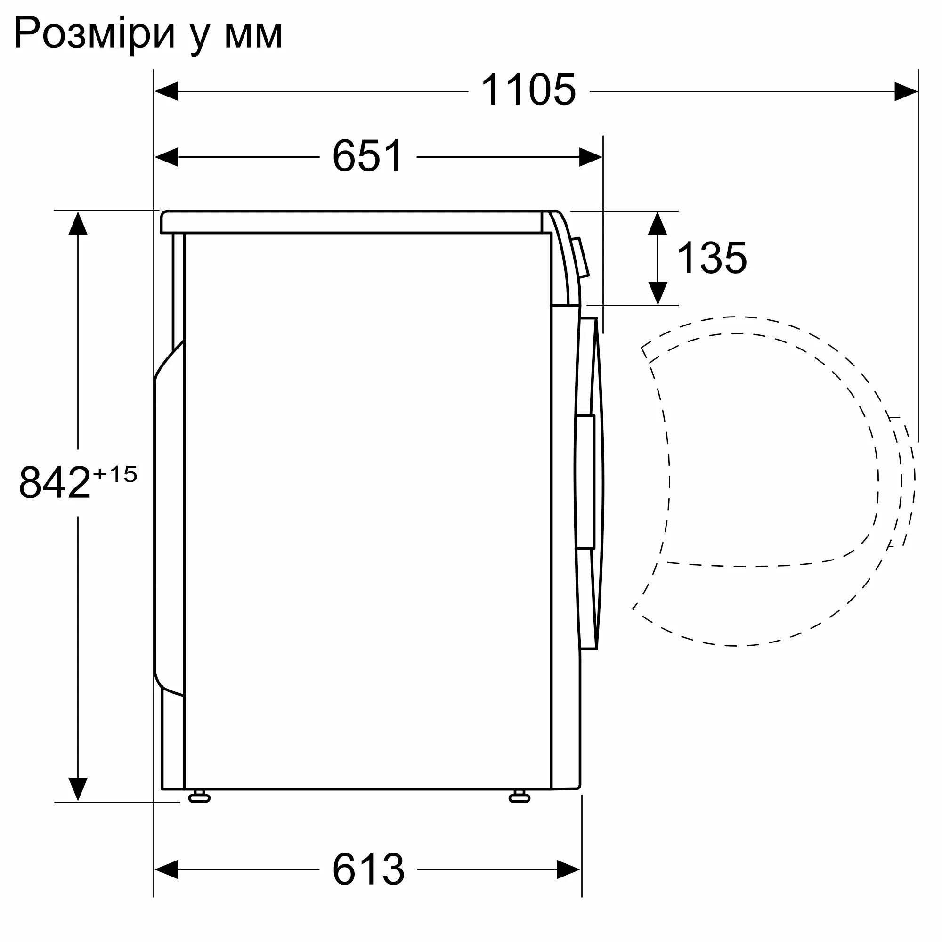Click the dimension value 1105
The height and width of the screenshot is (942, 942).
click(x=528, y=90)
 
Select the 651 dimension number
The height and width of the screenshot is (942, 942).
click(x=368, y=156)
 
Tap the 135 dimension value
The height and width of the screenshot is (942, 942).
click(x=711, y=258)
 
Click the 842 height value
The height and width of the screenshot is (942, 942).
click(x=55, y=482)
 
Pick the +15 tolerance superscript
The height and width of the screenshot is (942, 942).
click(x=115, y=474)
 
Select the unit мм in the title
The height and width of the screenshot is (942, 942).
click(x=253, y=35)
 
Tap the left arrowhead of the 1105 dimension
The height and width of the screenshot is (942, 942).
click(x=166, y=91)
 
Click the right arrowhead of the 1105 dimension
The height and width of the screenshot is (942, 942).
click(x=906, y=91)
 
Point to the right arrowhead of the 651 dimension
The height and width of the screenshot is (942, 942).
click(x=591, y=157)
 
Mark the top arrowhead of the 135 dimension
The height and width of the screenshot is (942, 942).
click(x=657, y=223)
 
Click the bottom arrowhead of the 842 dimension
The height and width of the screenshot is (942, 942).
click(x=78, y=789)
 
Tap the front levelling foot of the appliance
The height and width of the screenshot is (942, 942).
click(x=519, y=797)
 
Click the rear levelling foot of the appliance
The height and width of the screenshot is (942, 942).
click(x=199, y=797)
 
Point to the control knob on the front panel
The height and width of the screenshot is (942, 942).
click(x=580, y=258)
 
